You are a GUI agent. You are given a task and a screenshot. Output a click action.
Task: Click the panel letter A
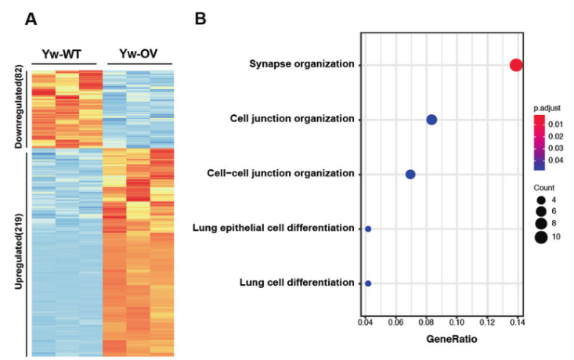[31, 19]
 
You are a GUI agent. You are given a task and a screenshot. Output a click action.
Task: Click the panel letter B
[200, 19]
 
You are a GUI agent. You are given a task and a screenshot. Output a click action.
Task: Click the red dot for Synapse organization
[516, 65]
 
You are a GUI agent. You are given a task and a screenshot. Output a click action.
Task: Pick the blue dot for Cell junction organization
[431, 120]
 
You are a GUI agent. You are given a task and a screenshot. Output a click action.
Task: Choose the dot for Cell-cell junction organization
[410, 174]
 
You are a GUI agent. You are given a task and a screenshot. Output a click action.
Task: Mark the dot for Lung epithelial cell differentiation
[368, 229]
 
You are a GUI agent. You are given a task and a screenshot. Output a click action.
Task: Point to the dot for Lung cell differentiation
[368, 283]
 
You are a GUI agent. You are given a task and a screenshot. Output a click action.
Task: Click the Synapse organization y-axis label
[301, 64]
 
